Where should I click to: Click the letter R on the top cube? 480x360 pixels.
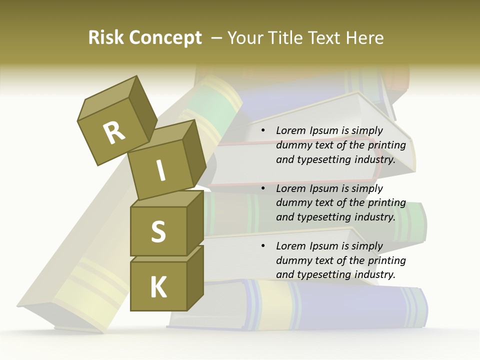point(114,133)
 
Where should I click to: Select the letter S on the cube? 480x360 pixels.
point(158,231)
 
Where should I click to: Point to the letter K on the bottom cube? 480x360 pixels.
point(158,287)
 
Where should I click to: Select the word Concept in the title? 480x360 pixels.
point(165,38)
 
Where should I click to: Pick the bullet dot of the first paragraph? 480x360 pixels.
point(262,131)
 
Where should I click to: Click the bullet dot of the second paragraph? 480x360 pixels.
point(262,188)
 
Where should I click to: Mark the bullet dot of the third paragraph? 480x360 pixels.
point(262,246)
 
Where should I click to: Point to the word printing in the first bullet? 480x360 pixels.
point(386,145)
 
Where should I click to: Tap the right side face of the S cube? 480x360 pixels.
point(195,223)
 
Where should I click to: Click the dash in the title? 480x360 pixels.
point(217,38)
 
